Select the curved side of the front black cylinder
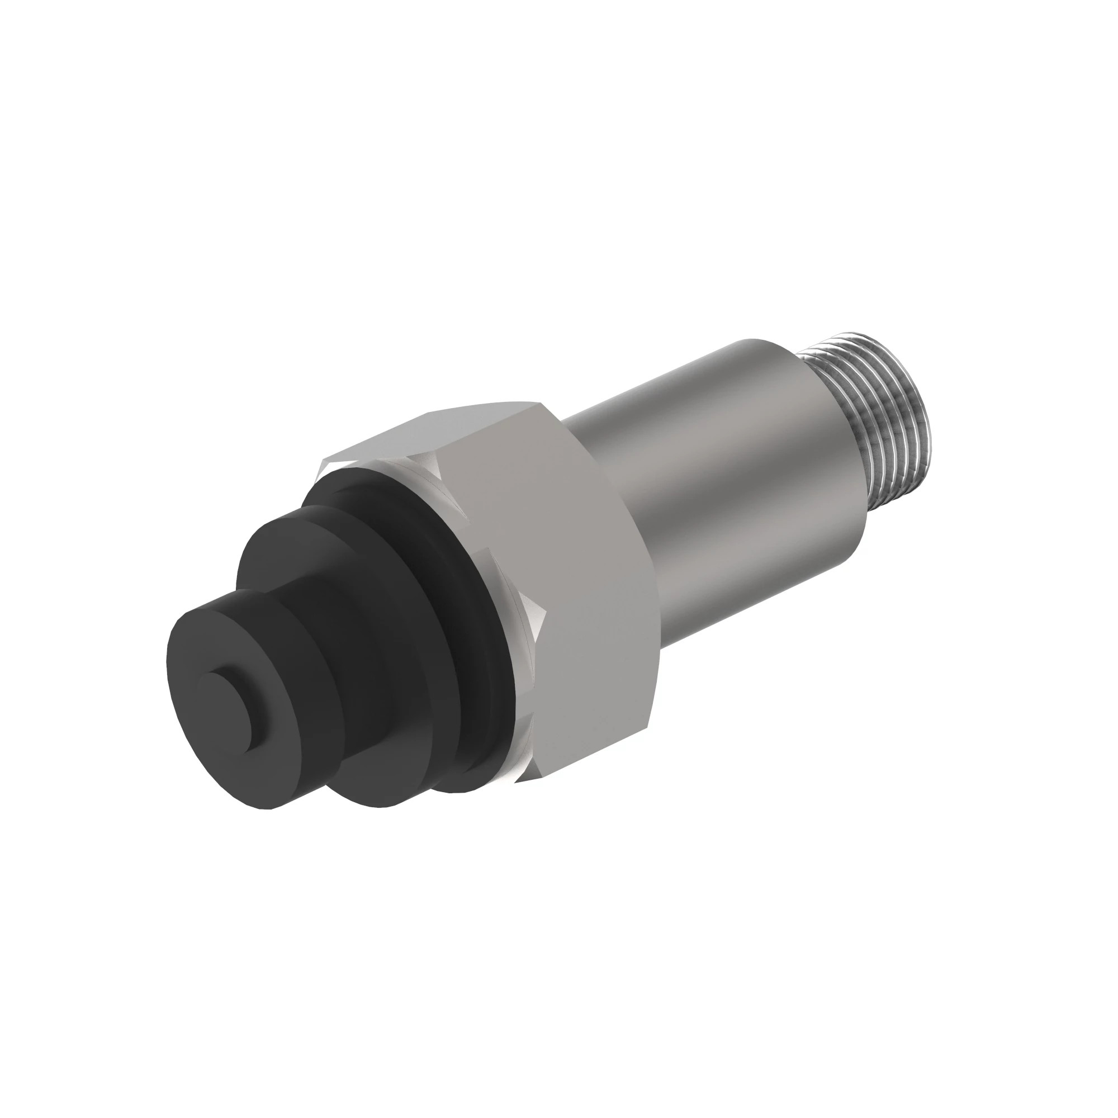272,770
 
